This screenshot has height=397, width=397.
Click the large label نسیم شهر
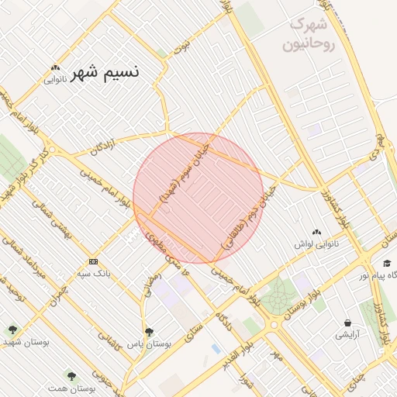(105, 74)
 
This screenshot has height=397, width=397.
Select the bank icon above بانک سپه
(93, 261)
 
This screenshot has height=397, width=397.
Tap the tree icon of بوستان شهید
(12, 330)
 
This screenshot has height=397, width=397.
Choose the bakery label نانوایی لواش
(316, 243)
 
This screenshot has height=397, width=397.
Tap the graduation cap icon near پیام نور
(386, 263)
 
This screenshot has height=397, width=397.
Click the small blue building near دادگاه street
(216, 350)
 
